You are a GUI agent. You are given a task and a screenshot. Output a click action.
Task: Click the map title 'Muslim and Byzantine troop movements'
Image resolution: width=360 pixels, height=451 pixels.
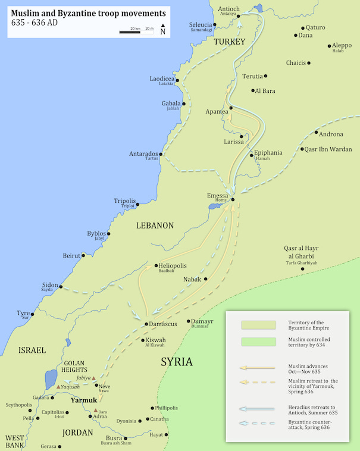pyautogui.click(x=88, y=12)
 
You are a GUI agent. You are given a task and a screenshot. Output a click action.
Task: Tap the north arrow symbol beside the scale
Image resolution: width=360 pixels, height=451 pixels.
pyautogui.click(x=163, y=26)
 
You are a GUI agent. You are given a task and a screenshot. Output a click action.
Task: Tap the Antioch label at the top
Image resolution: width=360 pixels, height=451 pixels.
pyautogui.click(x=229, y=9)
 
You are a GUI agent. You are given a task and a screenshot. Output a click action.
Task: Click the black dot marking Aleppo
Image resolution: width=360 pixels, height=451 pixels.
pyautogui.click(x=329, y=46)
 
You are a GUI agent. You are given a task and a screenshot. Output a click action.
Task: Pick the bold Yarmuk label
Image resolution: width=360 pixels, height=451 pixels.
pyautogui.click(x=83, y=400)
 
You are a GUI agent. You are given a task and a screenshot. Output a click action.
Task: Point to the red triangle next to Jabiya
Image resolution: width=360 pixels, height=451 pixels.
pyautogui.click(x=93, y=378)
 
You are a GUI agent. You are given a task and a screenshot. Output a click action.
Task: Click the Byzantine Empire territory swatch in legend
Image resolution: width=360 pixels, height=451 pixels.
pyautogui.click(x=258, y=325)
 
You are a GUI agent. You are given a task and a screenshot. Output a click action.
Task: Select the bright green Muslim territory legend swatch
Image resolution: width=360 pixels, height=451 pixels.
pyautogui.click(x=258, y=342)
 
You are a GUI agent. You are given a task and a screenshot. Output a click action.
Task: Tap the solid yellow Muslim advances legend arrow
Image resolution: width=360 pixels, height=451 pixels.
pyautogui.click(x=258, y=368)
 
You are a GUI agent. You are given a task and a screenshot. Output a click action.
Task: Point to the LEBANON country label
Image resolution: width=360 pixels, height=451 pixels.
pyautogui.click(x=155, y=225)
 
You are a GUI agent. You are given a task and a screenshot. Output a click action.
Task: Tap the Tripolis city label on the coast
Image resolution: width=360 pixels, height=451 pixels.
pyautogui.click(x=125, y=201)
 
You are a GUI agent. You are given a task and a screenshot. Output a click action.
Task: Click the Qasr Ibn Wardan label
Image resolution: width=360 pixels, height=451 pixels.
pyautogui.click(x=328, y=149)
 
